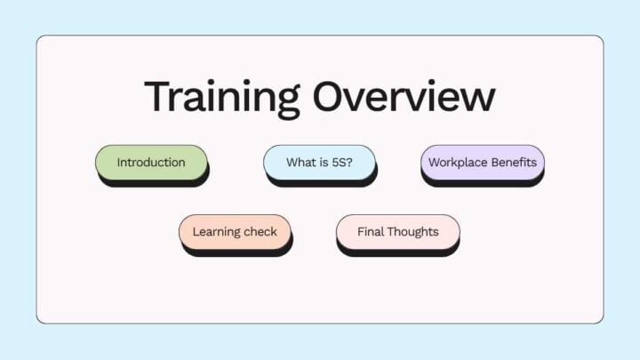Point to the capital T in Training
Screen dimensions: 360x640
pos(157,96)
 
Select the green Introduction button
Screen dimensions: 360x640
pos(151,163)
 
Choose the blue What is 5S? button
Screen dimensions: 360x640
pos(319,163)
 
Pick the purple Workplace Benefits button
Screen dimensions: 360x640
pos(482,163)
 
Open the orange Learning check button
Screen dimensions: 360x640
pos(235,232)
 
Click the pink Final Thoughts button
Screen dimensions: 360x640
pos(397,232)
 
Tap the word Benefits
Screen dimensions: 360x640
pos(513,163)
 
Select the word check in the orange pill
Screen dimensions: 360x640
pos(261,232)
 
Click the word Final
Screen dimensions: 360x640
pos(371,232)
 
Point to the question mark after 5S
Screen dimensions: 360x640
pos(349,163)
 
